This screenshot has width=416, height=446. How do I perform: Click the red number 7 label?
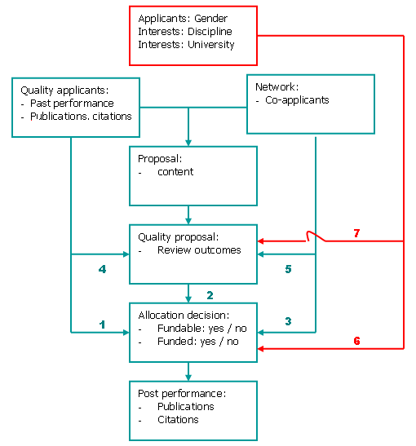click(356, 233)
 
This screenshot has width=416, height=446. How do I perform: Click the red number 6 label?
click(356, 341)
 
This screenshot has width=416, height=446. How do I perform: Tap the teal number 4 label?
click(102, 269)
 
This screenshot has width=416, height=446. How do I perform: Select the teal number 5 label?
click(288, 269)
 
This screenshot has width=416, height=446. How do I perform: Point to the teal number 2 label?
click(210, 295)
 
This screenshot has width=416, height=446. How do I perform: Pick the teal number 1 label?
click(102, 325)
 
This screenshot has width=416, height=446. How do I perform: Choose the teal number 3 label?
click(288, 321)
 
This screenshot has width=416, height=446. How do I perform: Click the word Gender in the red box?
click(210, 19)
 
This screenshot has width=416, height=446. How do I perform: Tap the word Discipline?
click(210, 32)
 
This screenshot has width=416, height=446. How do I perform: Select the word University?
click(210, 45)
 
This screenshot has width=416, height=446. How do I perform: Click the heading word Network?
click(275, 86)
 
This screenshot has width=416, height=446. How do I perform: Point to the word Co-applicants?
click(297, 100)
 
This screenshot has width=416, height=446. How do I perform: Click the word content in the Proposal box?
click(175, 172)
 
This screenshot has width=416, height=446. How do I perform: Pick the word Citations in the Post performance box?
click(178, 420)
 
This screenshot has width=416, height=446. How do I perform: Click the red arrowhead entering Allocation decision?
click(260, 348)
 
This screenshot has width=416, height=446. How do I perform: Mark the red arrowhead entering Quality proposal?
click(260, 241)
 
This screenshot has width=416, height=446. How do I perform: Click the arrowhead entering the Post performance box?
click(188, 378)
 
